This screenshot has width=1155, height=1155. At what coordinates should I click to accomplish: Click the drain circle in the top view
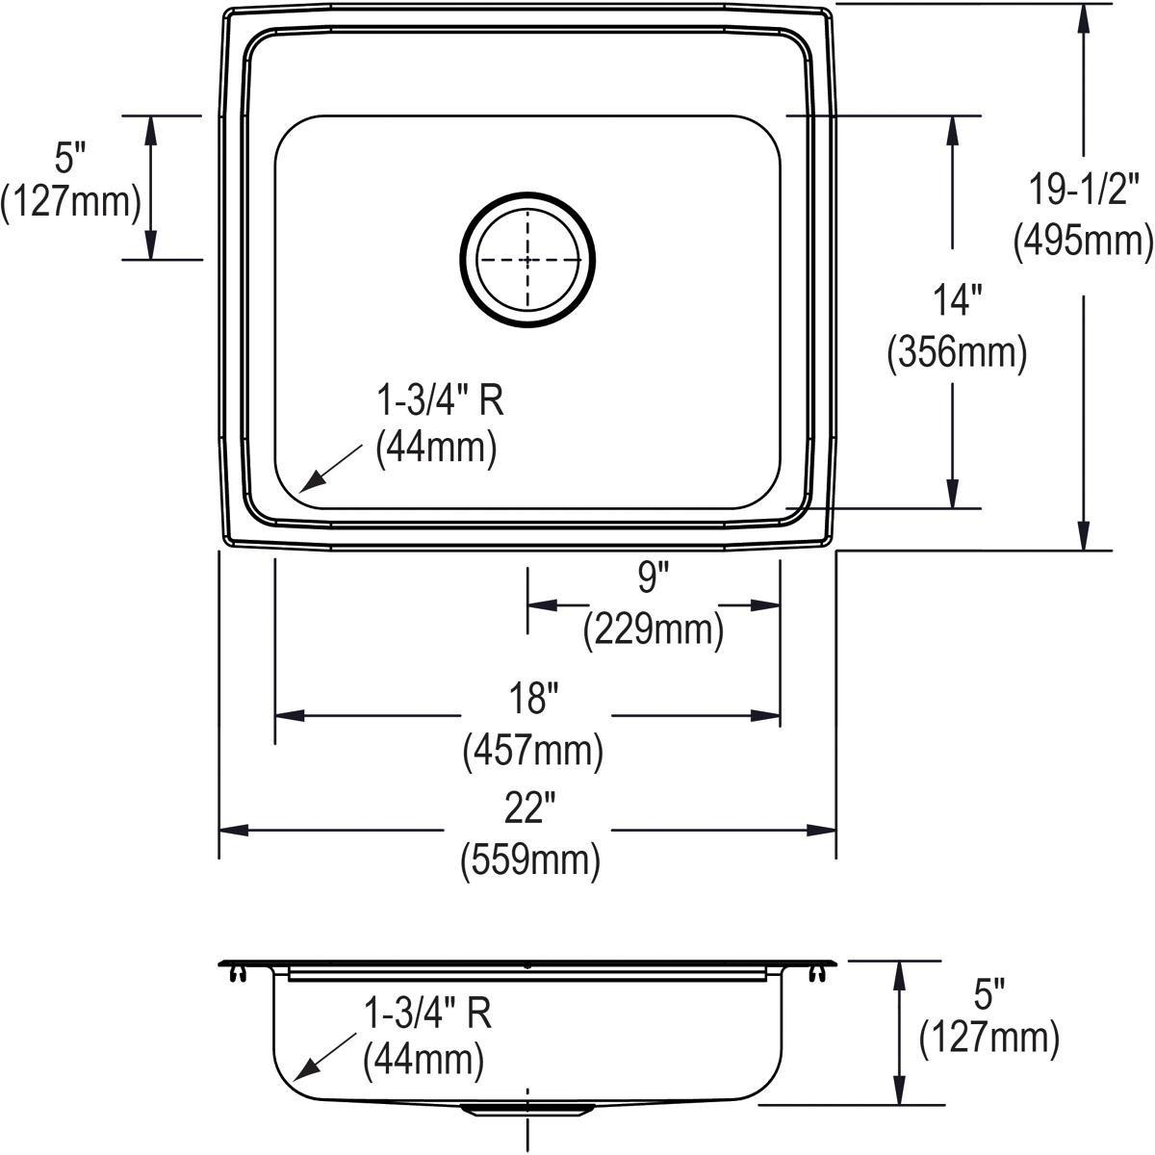point(527,261)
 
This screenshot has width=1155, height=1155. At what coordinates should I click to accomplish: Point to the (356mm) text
point(956,353)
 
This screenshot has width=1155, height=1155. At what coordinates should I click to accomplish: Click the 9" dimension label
point(652,578)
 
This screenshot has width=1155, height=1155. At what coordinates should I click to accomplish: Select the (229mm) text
point(653,630)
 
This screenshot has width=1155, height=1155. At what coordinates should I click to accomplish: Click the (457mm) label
point(533,750)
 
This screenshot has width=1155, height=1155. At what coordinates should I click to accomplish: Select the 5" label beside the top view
point(70,153)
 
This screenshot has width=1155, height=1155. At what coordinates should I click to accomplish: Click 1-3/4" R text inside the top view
point(439,399)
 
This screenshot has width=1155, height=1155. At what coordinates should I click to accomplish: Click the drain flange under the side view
point(526,1109)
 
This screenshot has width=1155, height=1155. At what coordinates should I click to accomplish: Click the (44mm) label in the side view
point(423,1061)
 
